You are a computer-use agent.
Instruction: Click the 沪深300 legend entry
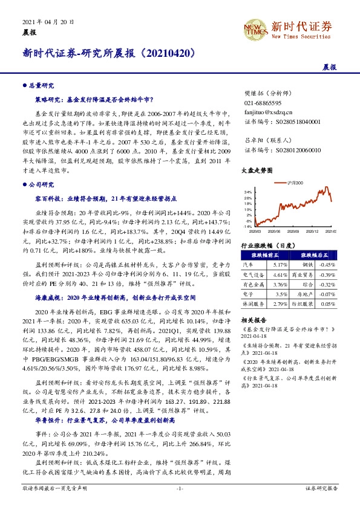(291, 182)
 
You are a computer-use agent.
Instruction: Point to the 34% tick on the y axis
(247, 192)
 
